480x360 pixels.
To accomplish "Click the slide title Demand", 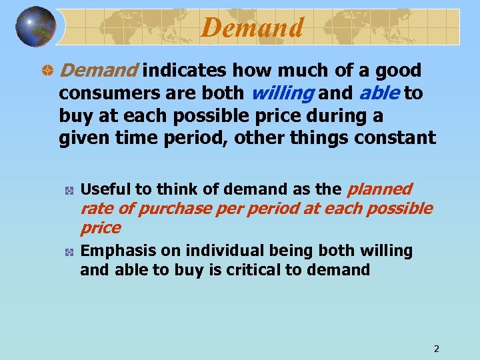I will click(252, 27).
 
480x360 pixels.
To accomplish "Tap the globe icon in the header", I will click(35, 27).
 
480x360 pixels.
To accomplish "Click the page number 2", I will click(436, 349).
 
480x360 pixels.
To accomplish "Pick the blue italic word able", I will click(380, 93).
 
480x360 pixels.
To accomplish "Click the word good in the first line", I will click(398, 71).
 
